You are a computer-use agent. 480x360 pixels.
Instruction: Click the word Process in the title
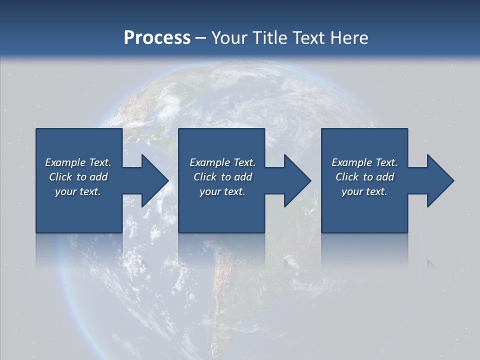[x=157, y=38]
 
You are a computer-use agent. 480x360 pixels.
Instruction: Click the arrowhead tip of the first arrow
[x=168, y=180]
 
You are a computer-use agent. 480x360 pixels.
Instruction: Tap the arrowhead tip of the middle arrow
[x=310, y=180]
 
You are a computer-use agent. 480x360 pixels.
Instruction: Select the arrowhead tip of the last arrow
[x=453, y=180]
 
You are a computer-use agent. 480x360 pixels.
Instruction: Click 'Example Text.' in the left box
[x=78, y=162]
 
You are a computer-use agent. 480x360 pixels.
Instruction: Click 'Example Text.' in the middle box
[x=222, y=162]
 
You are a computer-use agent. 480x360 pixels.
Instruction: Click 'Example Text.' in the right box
[x=364, y=162]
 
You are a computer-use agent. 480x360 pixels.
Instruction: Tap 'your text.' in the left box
[x=78, y=191]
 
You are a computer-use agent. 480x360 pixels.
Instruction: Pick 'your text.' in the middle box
[x=222, y=191]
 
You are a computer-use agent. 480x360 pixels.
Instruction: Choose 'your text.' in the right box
[x=364, y=191]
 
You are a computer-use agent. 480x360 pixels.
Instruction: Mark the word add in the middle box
[x=243, y=177]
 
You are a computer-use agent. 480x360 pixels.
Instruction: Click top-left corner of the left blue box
[x=36, y=129]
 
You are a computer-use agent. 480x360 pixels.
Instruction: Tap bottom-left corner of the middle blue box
[x=179, y=232]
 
